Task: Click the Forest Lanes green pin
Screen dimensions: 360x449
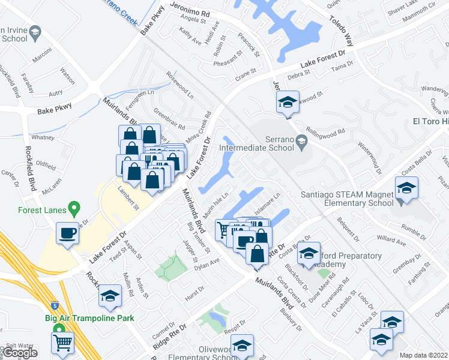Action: point(74,209)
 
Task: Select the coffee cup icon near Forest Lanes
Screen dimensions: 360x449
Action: point(67,233)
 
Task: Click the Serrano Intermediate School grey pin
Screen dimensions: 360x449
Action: point(302,142)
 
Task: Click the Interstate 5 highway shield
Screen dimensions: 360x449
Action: point(55,305)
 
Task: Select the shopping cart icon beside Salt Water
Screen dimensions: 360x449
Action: point(63,344)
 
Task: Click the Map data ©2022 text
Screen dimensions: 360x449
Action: point(423,355)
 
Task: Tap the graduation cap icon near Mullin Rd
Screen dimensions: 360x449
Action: point(110,295)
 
